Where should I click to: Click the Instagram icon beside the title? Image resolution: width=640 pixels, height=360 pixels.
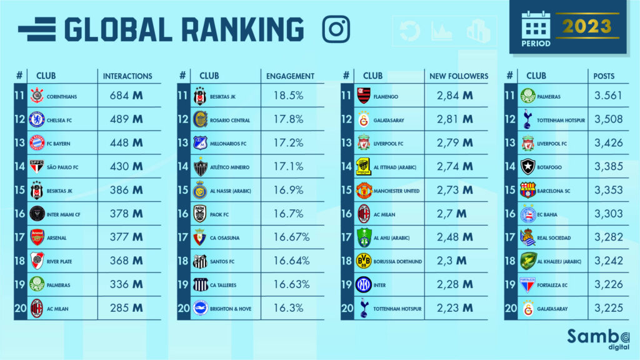336,29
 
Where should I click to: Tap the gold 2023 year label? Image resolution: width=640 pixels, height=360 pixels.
586,26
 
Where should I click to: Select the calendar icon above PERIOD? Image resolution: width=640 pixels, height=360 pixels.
535,26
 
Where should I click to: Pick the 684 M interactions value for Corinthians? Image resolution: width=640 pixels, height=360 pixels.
127,96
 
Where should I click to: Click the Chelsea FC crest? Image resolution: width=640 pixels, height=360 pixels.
37,119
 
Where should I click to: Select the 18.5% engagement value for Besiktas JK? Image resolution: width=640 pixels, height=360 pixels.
289,96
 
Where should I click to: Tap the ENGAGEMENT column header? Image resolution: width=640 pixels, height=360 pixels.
290,76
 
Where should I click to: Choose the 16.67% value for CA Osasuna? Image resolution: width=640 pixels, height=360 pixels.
291,237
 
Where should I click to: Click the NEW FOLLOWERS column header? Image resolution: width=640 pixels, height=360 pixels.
459,76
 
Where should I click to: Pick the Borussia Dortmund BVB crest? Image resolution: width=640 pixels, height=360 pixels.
364,261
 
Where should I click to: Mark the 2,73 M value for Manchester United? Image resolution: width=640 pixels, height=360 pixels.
453,190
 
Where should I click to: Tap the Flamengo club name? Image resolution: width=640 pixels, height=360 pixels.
387,97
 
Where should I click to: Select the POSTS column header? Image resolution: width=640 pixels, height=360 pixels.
604,76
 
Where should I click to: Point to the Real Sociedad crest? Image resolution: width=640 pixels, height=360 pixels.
528,237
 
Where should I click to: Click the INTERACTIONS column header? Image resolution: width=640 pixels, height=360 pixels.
127,76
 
